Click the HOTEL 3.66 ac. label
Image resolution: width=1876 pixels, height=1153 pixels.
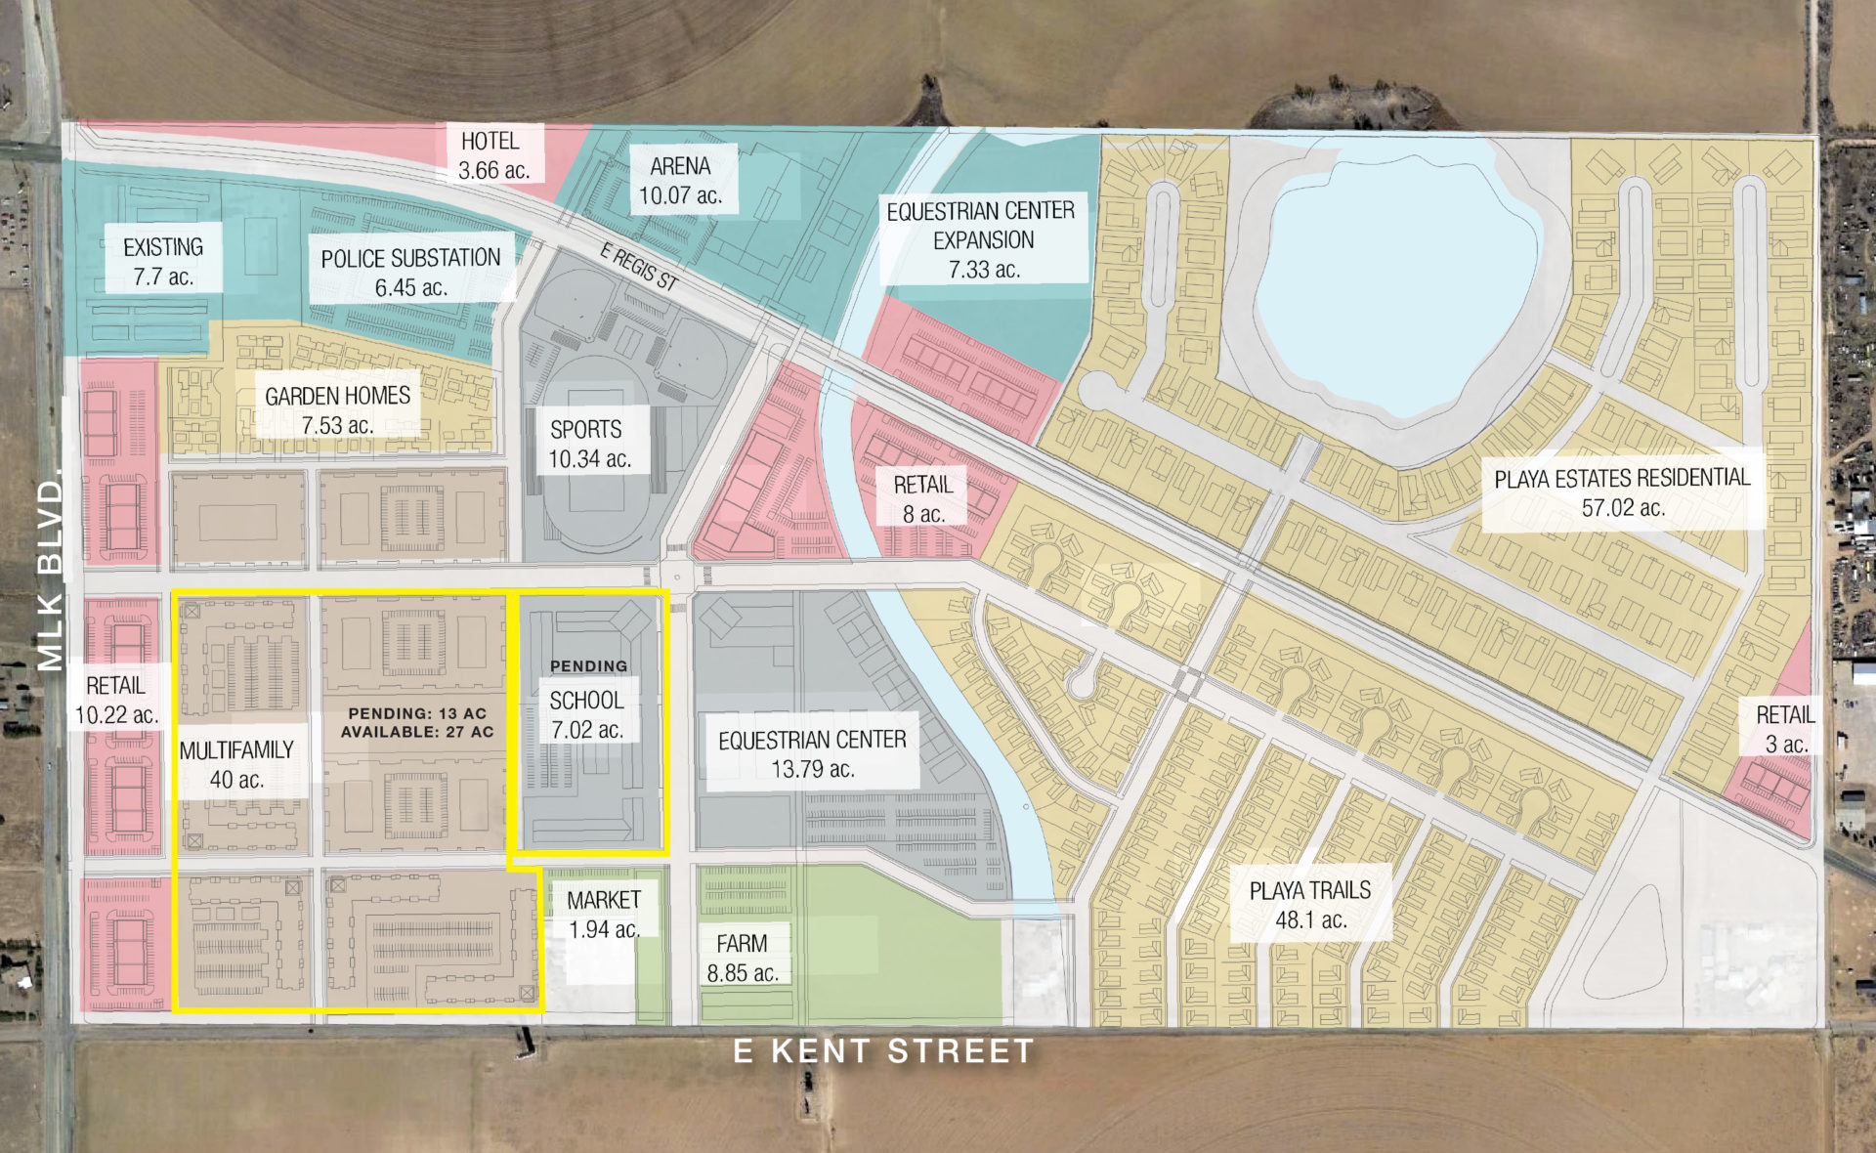pyautogui.click(x=492, y=155)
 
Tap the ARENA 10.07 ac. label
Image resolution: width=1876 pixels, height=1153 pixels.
pyautogui.click(x=680, y=181)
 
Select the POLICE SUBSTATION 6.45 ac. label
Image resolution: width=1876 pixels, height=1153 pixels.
pyautogui.click(x=410, y=273)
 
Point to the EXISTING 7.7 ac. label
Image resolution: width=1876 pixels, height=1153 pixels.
pyautogui.click(x=163, y=262)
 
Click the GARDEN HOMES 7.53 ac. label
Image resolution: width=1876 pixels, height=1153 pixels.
pyautogui.click(x=337, y=410)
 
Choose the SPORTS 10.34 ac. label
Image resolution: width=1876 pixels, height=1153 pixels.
pyautogui.click(x=587, y=444)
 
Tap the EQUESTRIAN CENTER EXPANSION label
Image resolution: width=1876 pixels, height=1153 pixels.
pyautogui.click(x=982, y=239)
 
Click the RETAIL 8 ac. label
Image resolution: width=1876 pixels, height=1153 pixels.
pyautogui.click(x=922, y=498)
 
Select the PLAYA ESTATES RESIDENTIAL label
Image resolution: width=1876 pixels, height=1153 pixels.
pyautogui.click(x=1622, y=491)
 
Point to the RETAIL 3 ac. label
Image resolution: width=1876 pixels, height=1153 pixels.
pyautogui.click(x=1784, y=729)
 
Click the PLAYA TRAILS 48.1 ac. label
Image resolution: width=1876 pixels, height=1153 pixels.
pyautogui.click(x=1309, y=905)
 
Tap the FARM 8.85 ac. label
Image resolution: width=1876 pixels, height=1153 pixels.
pyautogui.click(x=742, y=958)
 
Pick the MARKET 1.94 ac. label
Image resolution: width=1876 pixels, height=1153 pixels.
pyautogui.click(x=604, y=914)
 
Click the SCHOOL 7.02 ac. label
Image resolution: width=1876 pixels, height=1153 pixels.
pyautogui.click(x=586, y=714)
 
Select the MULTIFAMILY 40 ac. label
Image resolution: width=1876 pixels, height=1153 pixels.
pyautogui.click(x=236, y=764)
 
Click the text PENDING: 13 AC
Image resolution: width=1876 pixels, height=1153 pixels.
pyautogui.click(x=417, y=713)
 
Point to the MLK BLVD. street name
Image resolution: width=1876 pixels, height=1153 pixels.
pyautogui.click(x=51, y=575)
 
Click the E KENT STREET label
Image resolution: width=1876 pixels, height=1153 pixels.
pyautogui.click(x=883, y=1051)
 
